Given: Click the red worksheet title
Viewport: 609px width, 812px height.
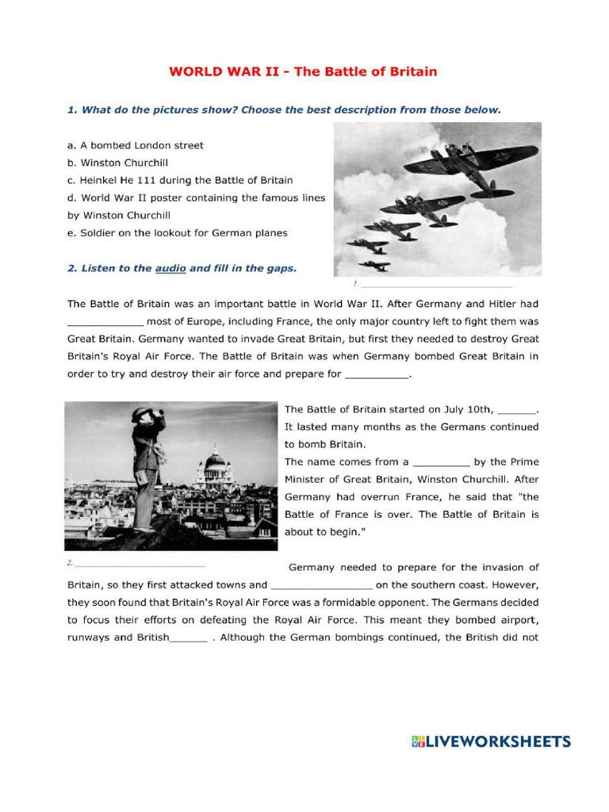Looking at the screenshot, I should coord(302,71).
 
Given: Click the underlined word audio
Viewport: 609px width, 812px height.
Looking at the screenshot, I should coord(170,268).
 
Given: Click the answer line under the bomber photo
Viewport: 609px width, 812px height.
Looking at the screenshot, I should coord(436,285).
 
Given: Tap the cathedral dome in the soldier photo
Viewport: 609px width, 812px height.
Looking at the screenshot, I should coord(215,460).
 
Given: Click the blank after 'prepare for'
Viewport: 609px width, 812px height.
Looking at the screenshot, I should coord(378,375).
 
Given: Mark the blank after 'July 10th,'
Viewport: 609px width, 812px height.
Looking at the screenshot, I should coord(518,411).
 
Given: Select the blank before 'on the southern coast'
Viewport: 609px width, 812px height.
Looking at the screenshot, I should coord(321,586).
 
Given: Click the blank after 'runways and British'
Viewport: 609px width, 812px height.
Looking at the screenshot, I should coord(189,638).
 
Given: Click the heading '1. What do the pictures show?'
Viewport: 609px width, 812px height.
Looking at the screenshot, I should coord(284,109).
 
